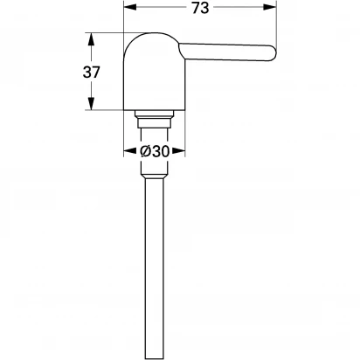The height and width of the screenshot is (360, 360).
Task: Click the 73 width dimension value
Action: click(201, 8)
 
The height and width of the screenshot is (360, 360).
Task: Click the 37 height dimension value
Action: click(92, 72)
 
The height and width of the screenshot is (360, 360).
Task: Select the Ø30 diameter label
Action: click(155, 151)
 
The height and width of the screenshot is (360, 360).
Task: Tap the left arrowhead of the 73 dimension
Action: click(130, 7)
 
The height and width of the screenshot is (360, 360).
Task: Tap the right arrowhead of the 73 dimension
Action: click(269, 7)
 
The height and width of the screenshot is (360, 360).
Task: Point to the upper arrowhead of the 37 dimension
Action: click(92, 39)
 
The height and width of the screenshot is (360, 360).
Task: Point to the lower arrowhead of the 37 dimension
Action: click(92, 104)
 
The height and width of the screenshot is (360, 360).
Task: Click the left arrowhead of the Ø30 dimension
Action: click(130, 151)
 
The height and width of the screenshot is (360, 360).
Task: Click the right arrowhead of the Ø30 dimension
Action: click(179, 151)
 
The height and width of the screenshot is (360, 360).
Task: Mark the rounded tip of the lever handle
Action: click(273, 53)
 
